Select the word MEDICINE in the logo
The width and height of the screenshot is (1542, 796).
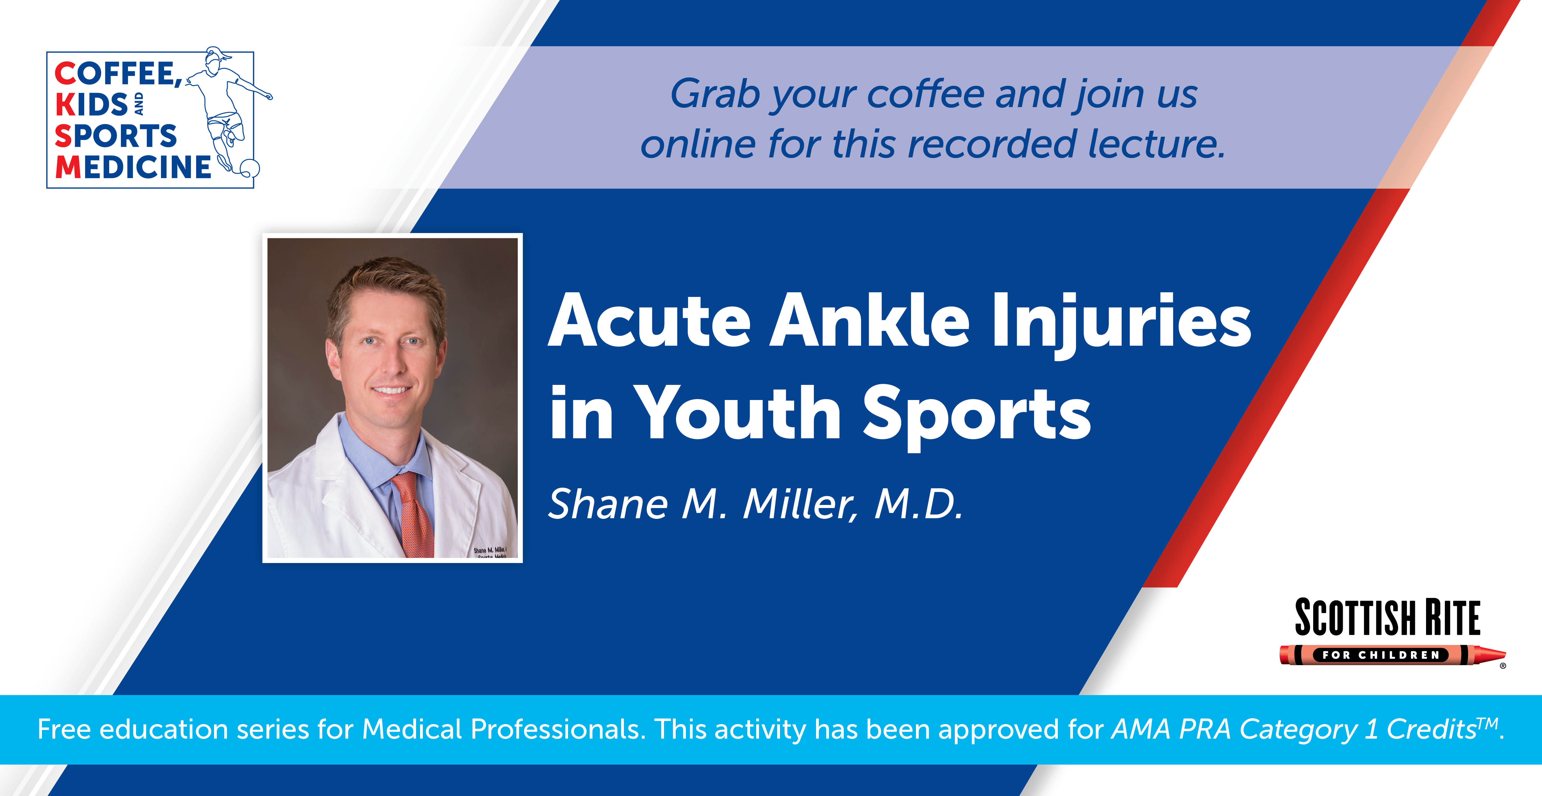click(x=133, y=167)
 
